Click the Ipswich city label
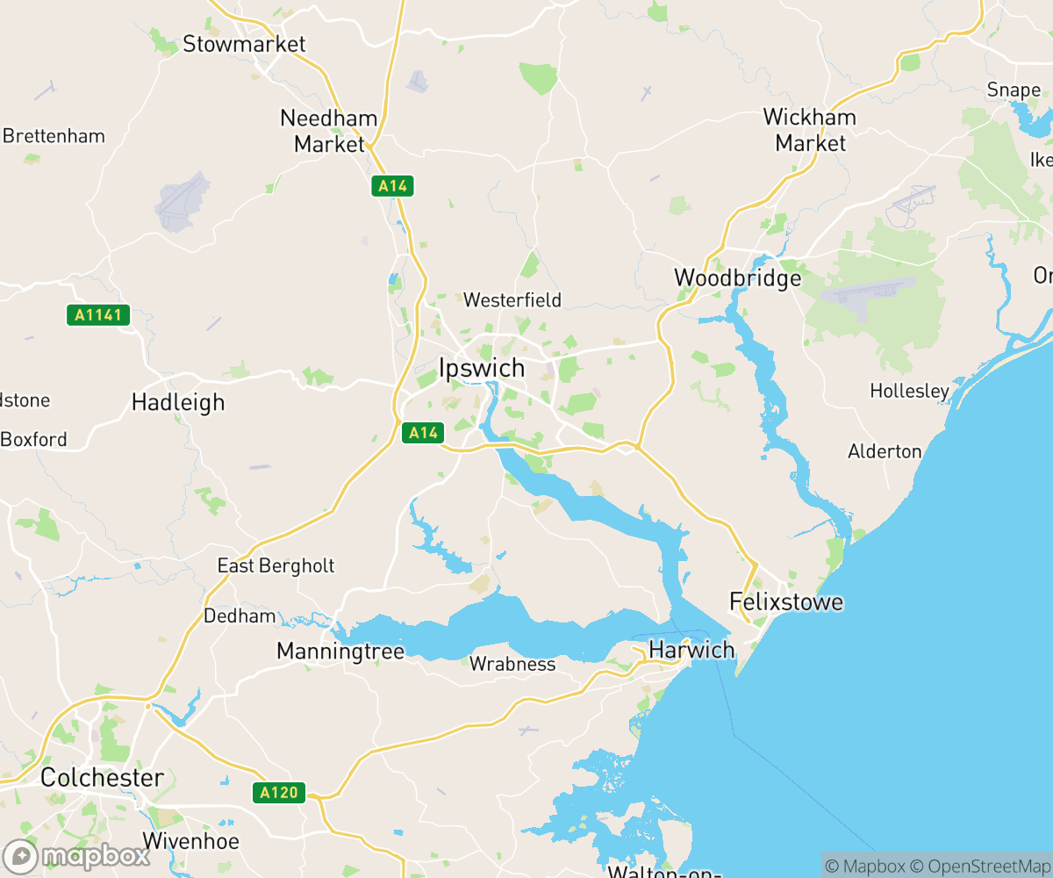482,367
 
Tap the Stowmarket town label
244,44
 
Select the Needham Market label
329,131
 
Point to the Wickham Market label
810,130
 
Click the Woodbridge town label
737,278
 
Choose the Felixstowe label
786,602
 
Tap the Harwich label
691,651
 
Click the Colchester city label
102,778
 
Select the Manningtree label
340,651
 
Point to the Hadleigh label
178,403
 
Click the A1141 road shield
98,315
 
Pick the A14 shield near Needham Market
392,186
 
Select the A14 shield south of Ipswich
423,433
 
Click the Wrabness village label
512,665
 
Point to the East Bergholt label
276,565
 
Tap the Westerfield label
512,300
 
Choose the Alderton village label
885,451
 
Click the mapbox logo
76,856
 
